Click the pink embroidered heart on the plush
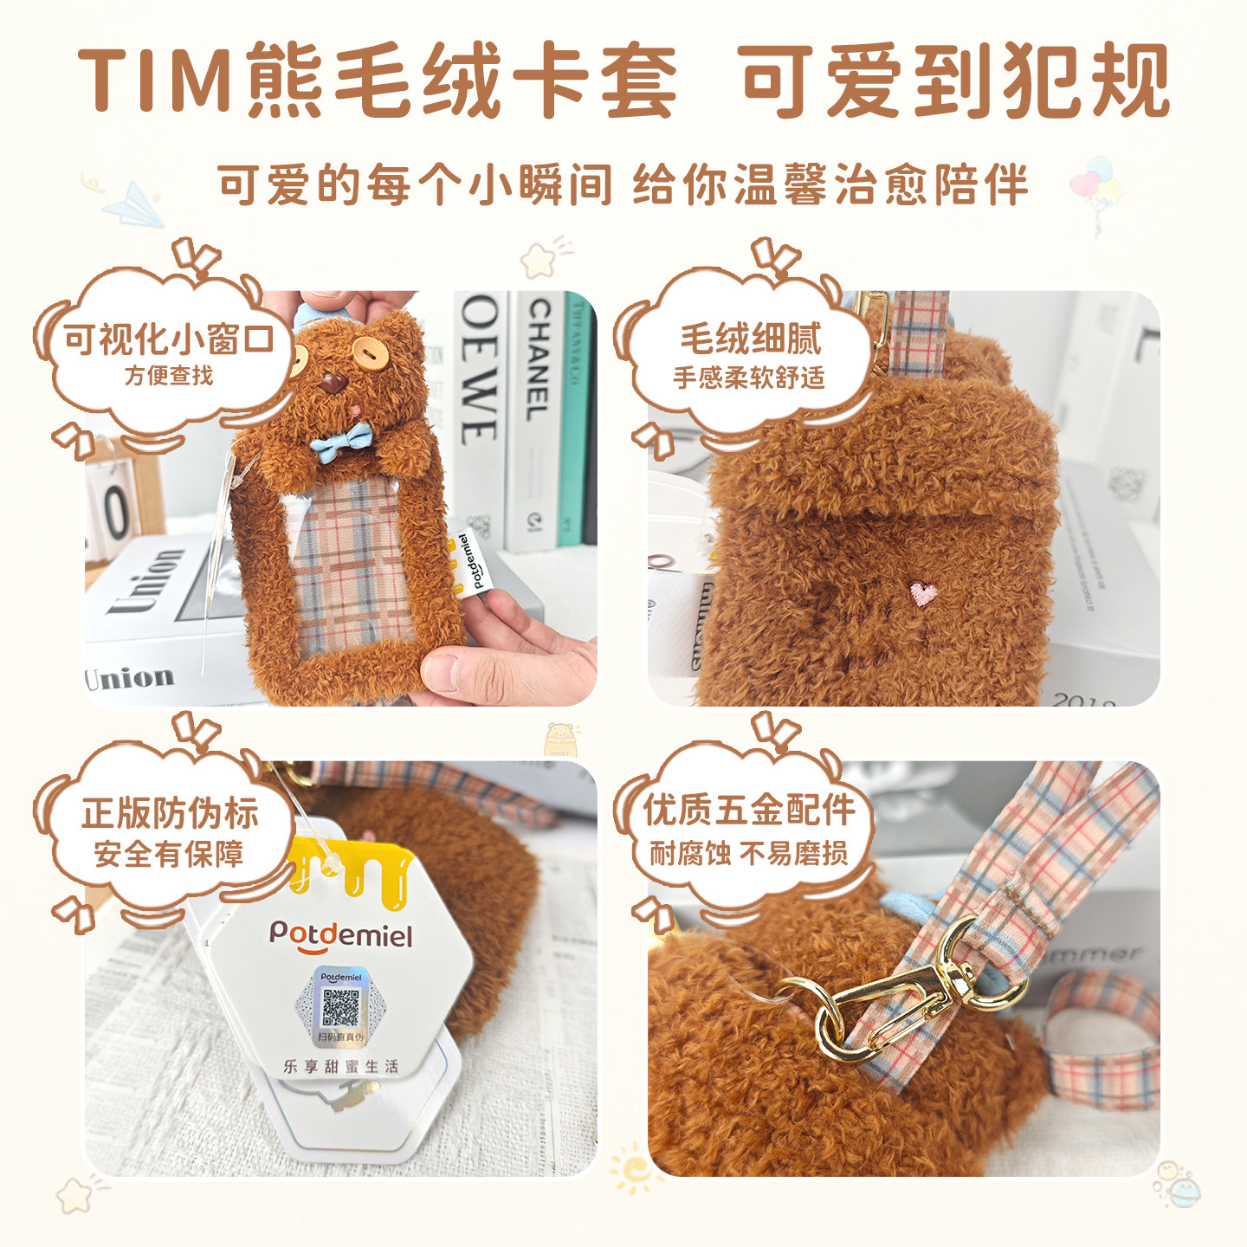(924, 593)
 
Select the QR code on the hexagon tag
(340, 1006)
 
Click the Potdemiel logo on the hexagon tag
(340, 934)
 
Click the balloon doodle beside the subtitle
(1096, 186)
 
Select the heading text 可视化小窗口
(169, 339)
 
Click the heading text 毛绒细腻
(750, 338)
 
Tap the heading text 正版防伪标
(170, 813)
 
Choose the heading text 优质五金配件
(748, 811)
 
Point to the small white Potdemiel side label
(471, 562)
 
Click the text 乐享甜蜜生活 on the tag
(340, 1066)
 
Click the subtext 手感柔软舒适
(748, 378)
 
